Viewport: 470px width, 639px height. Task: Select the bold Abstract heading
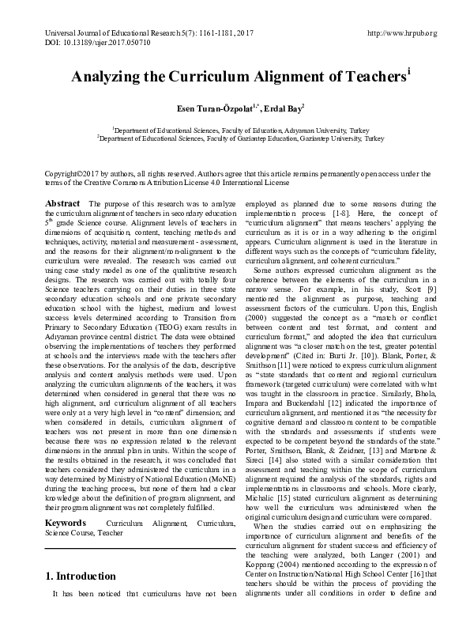(x=62, y=203)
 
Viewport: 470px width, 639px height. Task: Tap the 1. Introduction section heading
(x=81, y=576)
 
